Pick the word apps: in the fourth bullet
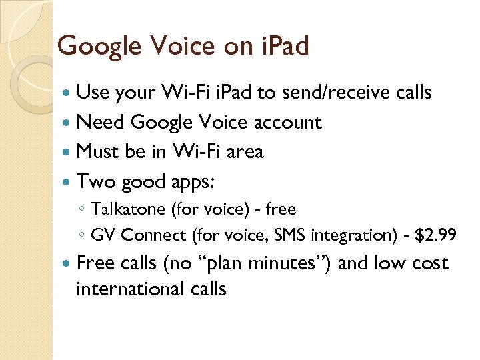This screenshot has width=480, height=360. [197, 182]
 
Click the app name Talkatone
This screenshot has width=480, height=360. [129, 210]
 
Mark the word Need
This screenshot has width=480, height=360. [101, 123]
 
